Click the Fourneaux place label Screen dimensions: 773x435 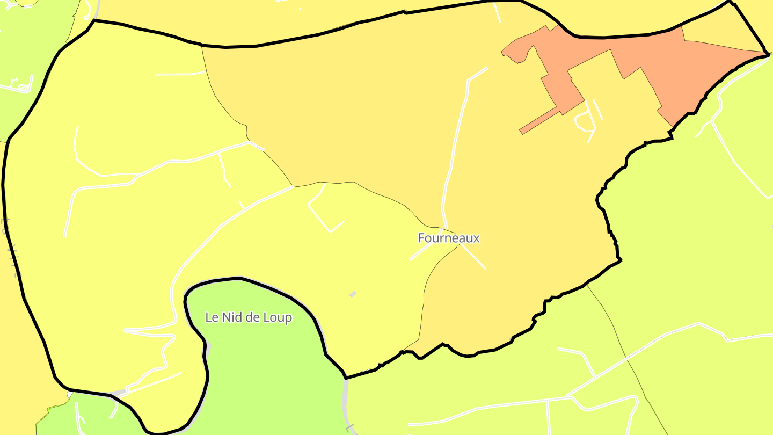pyautogui.click(x=449, y=238)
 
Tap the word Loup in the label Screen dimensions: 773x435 pyautogui.click(x=278, y=317)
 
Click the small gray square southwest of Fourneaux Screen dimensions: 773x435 pyautogui.click(x=353, y=294)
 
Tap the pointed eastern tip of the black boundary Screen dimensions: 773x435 pyautogui.click(x=767, y=53)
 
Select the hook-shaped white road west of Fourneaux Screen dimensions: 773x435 pyautogui.click(x=322, y=209)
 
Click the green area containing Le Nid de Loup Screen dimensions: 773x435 pyautogui.click(x=252, y=365)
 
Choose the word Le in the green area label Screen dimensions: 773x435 pyautogui.click(x=211, y=317)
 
